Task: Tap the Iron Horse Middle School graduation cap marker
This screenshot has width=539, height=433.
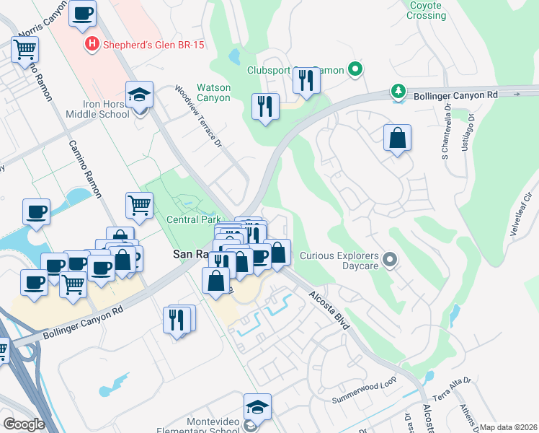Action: click(140, 95)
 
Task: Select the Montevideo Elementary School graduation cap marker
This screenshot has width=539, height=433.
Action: click(257, 407)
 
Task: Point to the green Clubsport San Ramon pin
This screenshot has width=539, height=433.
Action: click(355, 70)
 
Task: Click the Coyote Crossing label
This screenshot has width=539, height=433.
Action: click(427, 10)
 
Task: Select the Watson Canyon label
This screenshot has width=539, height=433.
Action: click(214, 92)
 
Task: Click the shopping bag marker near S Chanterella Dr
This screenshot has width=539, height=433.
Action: click(397, 137)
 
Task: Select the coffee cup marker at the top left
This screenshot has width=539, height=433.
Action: click(83, 13)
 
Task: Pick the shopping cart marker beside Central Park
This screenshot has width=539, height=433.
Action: click(140, 205)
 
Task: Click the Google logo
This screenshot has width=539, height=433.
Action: click(24, 424)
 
